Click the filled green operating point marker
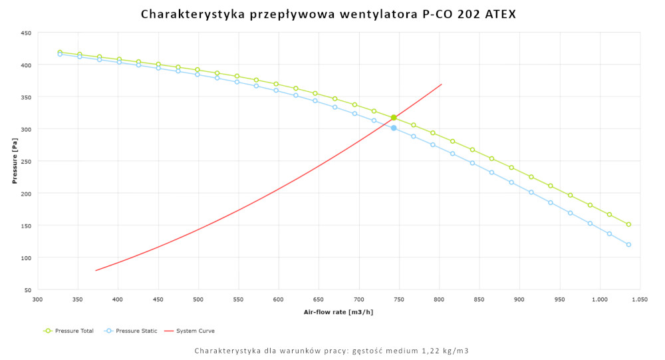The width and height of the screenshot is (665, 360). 394,118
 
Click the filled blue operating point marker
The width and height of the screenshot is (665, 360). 394,128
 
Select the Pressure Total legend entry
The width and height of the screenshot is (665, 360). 68,331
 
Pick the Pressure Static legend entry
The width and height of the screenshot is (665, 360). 131,331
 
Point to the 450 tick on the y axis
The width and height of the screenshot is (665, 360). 26,33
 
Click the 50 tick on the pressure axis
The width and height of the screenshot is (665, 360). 28,290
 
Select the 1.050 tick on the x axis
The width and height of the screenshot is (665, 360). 640,300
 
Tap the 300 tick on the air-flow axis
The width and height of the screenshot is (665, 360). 38,300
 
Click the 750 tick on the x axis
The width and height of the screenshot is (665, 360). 399,300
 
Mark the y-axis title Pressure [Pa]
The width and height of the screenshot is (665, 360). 14,161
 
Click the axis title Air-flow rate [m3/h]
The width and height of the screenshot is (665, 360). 338,312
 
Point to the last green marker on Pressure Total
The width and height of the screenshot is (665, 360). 628,224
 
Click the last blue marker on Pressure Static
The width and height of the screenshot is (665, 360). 628,244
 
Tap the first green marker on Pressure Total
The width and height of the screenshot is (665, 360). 60,52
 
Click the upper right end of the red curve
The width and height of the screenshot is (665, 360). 442,85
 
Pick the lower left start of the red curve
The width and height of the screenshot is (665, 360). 96,270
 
